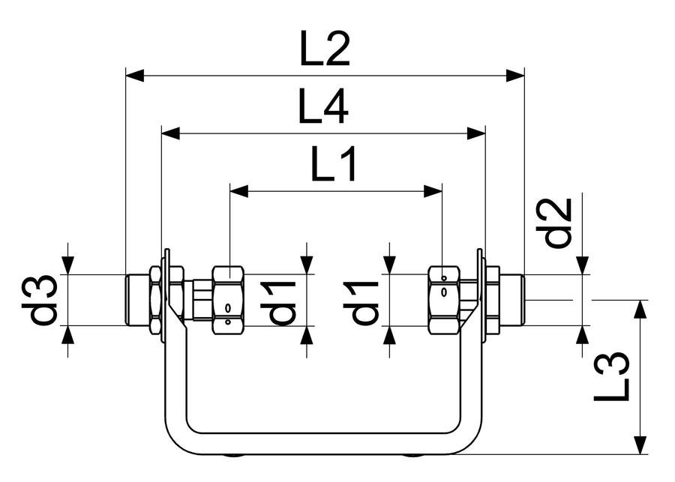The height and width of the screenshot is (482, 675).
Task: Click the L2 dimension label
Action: pos(325,49)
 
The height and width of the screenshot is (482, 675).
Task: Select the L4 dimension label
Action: pos(323,106)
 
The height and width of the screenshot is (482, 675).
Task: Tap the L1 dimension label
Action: pos(334,163)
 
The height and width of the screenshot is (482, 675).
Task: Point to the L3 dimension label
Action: pos(612,376)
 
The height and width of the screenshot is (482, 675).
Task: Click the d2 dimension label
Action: pos(554,223)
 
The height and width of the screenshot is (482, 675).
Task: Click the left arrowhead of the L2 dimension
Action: pos(134,76)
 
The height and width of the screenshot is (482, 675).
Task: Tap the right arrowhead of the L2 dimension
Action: pos(515,76)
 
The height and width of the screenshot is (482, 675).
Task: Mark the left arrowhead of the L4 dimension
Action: pos(170,133)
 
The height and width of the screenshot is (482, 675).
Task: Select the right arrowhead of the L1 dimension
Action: pos(433,191)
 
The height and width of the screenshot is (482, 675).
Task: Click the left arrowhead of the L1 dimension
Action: pos(239,191)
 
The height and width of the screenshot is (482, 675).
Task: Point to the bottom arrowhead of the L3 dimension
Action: pos(641,445)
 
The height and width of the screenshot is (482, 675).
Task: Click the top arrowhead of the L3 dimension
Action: pos(641,310)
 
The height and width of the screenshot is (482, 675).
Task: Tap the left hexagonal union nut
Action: pos(229,300)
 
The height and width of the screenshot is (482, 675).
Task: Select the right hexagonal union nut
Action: pos(444,300)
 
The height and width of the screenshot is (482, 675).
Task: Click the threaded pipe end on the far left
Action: pos(137,300)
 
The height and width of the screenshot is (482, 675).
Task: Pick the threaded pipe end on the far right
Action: pos(512,300)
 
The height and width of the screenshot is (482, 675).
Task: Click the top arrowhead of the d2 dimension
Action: pos(583,265)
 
